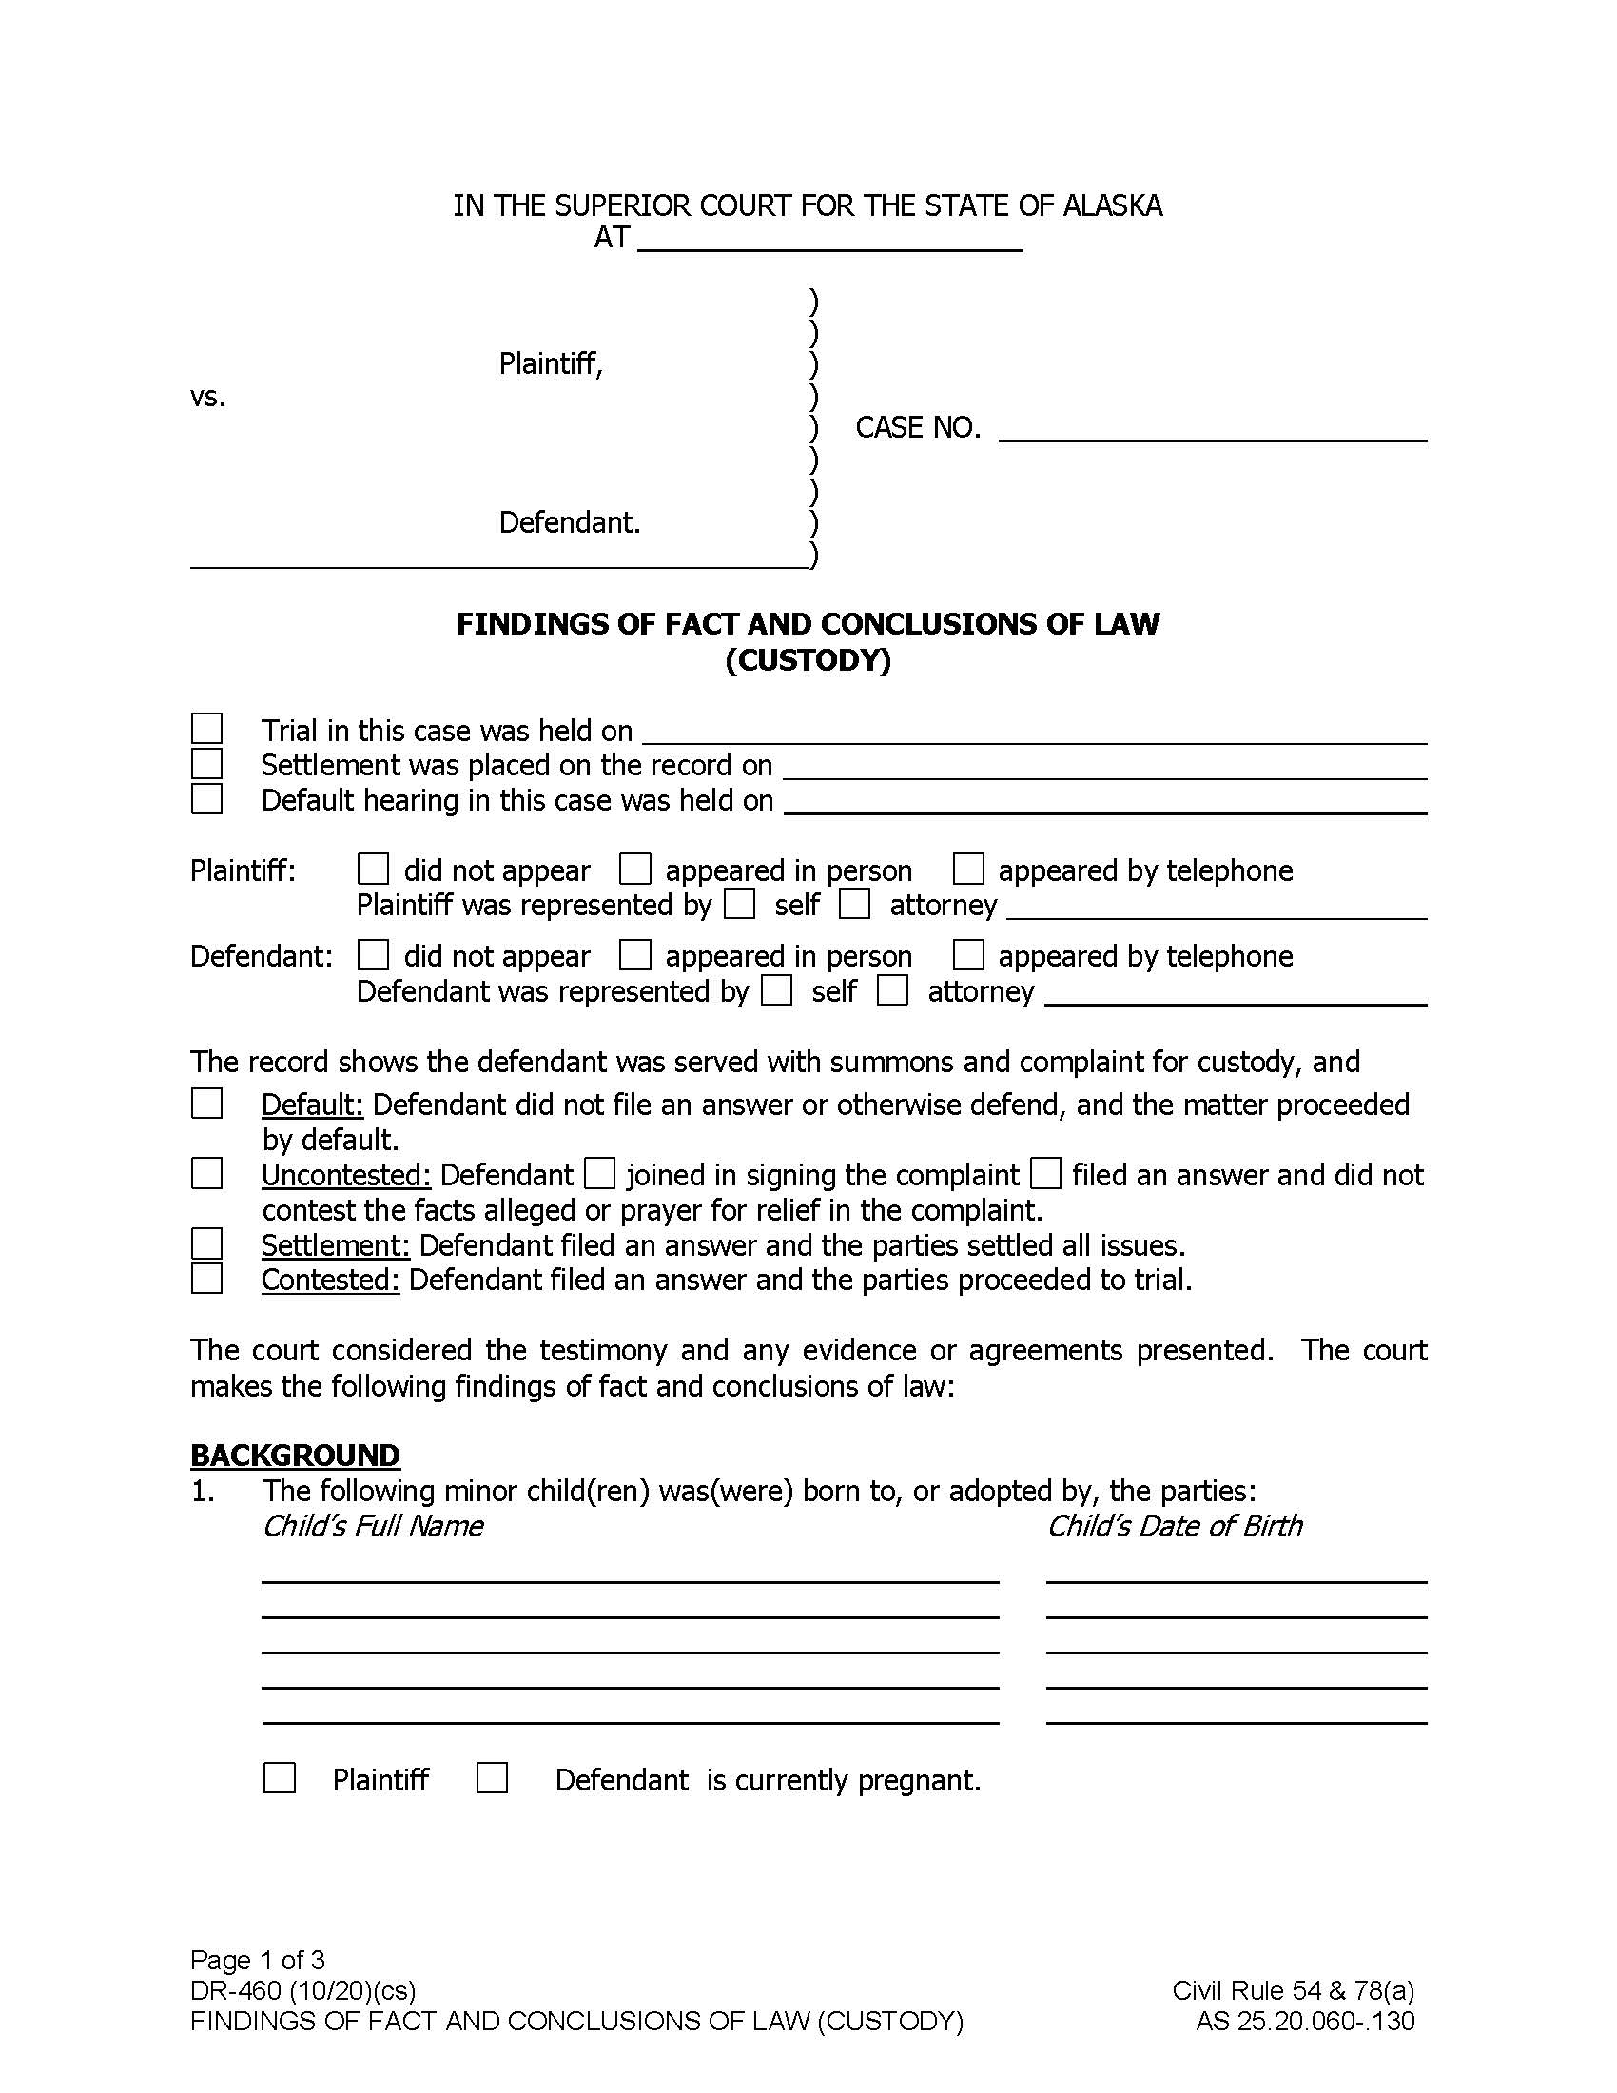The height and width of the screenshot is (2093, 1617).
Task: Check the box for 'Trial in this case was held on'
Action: [207, 730]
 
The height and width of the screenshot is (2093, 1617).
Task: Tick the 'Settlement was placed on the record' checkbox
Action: [207, 764]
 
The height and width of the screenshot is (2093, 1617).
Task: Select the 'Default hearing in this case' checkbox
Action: [207, 798]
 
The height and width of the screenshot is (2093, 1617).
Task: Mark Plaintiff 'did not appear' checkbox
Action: [373, 870]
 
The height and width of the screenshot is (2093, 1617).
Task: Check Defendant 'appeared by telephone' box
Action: [968, 955]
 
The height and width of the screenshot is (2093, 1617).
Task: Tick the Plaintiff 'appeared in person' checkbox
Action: [635, 870]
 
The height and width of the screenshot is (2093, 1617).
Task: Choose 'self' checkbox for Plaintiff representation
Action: [739, 904]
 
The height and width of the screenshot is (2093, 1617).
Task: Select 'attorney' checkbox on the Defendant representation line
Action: [893, 990]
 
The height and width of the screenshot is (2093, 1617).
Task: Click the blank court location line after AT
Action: [829, 240]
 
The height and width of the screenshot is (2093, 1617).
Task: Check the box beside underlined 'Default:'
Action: [207, 1103]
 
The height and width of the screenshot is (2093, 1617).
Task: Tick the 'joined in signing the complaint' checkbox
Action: [599, 1173]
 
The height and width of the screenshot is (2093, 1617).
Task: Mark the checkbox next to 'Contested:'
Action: [207, 1279]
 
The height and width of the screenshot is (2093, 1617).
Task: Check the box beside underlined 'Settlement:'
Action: [207, 1244]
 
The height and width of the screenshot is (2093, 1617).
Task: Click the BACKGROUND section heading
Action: [295, 1455]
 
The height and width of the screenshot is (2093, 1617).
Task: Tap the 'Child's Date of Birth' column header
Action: [1175, 1526]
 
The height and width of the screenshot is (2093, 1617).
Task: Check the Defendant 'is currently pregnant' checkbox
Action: [493, 1779]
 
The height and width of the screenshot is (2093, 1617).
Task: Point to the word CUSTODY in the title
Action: [808, 660]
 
